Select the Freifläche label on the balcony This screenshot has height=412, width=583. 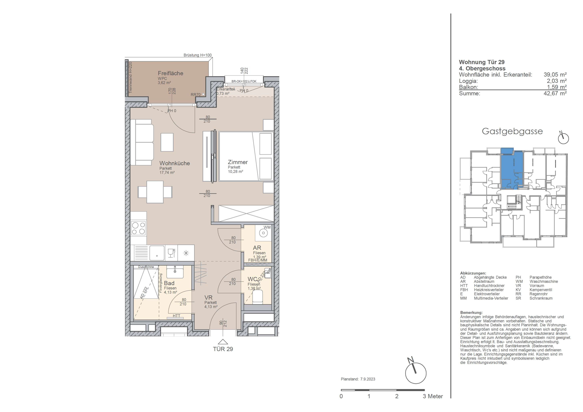[170, 73]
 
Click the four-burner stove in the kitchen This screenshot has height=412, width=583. [138, 228]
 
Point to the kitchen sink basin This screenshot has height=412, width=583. [157, 253]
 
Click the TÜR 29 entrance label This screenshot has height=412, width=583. [223, 349]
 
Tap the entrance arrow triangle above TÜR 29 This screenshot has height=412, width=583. [223, 342]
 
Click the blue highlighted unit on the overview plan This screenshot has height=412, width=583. [512, 170]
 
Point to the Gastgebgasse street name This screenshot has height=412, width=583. [512, 131]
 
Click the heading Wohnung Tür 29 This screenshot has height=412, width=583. [482, 62]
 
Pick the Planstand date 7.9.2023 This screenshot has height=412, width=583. [368, 379]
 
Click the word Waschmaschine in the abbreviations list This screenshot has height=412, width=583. [544, 281]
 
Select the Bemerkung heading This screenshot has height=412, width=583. [471, 313]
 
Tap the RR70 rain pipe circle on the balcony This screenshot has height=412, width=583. [203, 94]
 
